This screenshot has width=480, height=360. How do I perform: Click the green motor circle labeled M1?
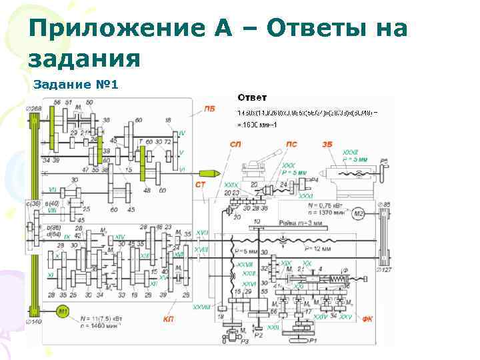[x=63, y=311]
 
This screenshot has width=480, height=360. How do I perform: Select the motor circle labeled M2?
[x=358, y=213]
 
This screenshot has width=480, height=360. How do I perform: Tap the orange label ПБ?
[x=210, y=109]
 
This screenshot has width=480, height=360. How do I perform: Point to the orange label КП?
[x=169, y=319]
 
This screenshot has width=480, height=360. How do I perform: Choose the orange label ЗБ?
[x=327, y=143]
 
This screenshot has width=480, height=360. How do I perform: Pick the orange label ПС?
[x=291, y=143]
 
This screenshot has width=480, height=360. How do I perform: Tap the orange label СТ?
[x=201, y=183]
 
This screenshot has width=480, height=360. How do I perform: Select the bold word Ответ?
[x=252, y=98]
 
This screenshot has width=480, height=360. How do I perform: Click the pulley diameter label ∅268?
[x=33, y=109]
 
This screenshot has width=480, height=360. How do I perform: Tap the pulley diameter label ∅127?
[x=384, y=271]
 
